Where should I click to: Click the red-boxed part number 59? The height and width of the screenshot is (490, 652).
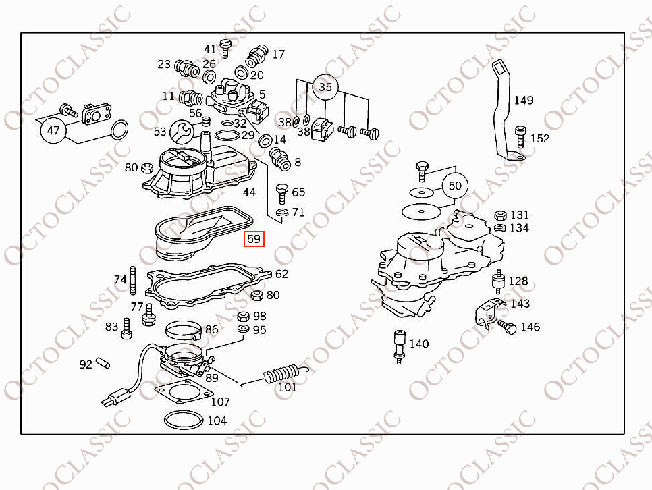point(254,238)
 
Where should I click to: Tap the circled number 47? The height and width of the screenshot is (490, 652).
point(53,130)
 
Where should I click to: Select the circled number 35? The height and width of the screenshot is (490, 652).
point(325,87)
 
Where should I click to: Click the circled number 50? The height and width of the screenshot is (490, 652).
point(455,185)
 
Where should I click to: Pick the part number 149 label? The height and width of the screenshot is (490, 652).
point(523,100)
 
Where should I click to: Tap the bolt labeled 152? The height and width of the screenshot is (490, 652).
point(520,136)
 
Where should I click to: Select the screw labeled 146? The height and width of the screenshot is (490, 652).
point(507,327)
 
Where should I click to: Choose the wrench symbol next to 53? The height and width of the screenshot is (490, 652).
point(180,130)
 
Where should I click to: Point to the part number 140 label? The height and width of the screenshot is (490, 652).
point(418,344)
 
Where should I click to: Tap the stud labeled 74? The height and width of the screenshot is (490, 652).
point(133,281)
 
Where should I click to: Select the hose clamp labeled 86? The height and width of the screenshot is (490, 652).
point(184,331)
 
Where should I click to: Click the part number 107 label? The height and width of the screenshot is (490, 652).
point(220,402)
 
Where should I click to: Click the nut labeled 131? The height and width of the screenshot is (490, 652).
point(500,215)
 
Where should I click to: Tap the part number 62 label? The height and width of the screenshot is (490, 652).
point(281,273)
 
